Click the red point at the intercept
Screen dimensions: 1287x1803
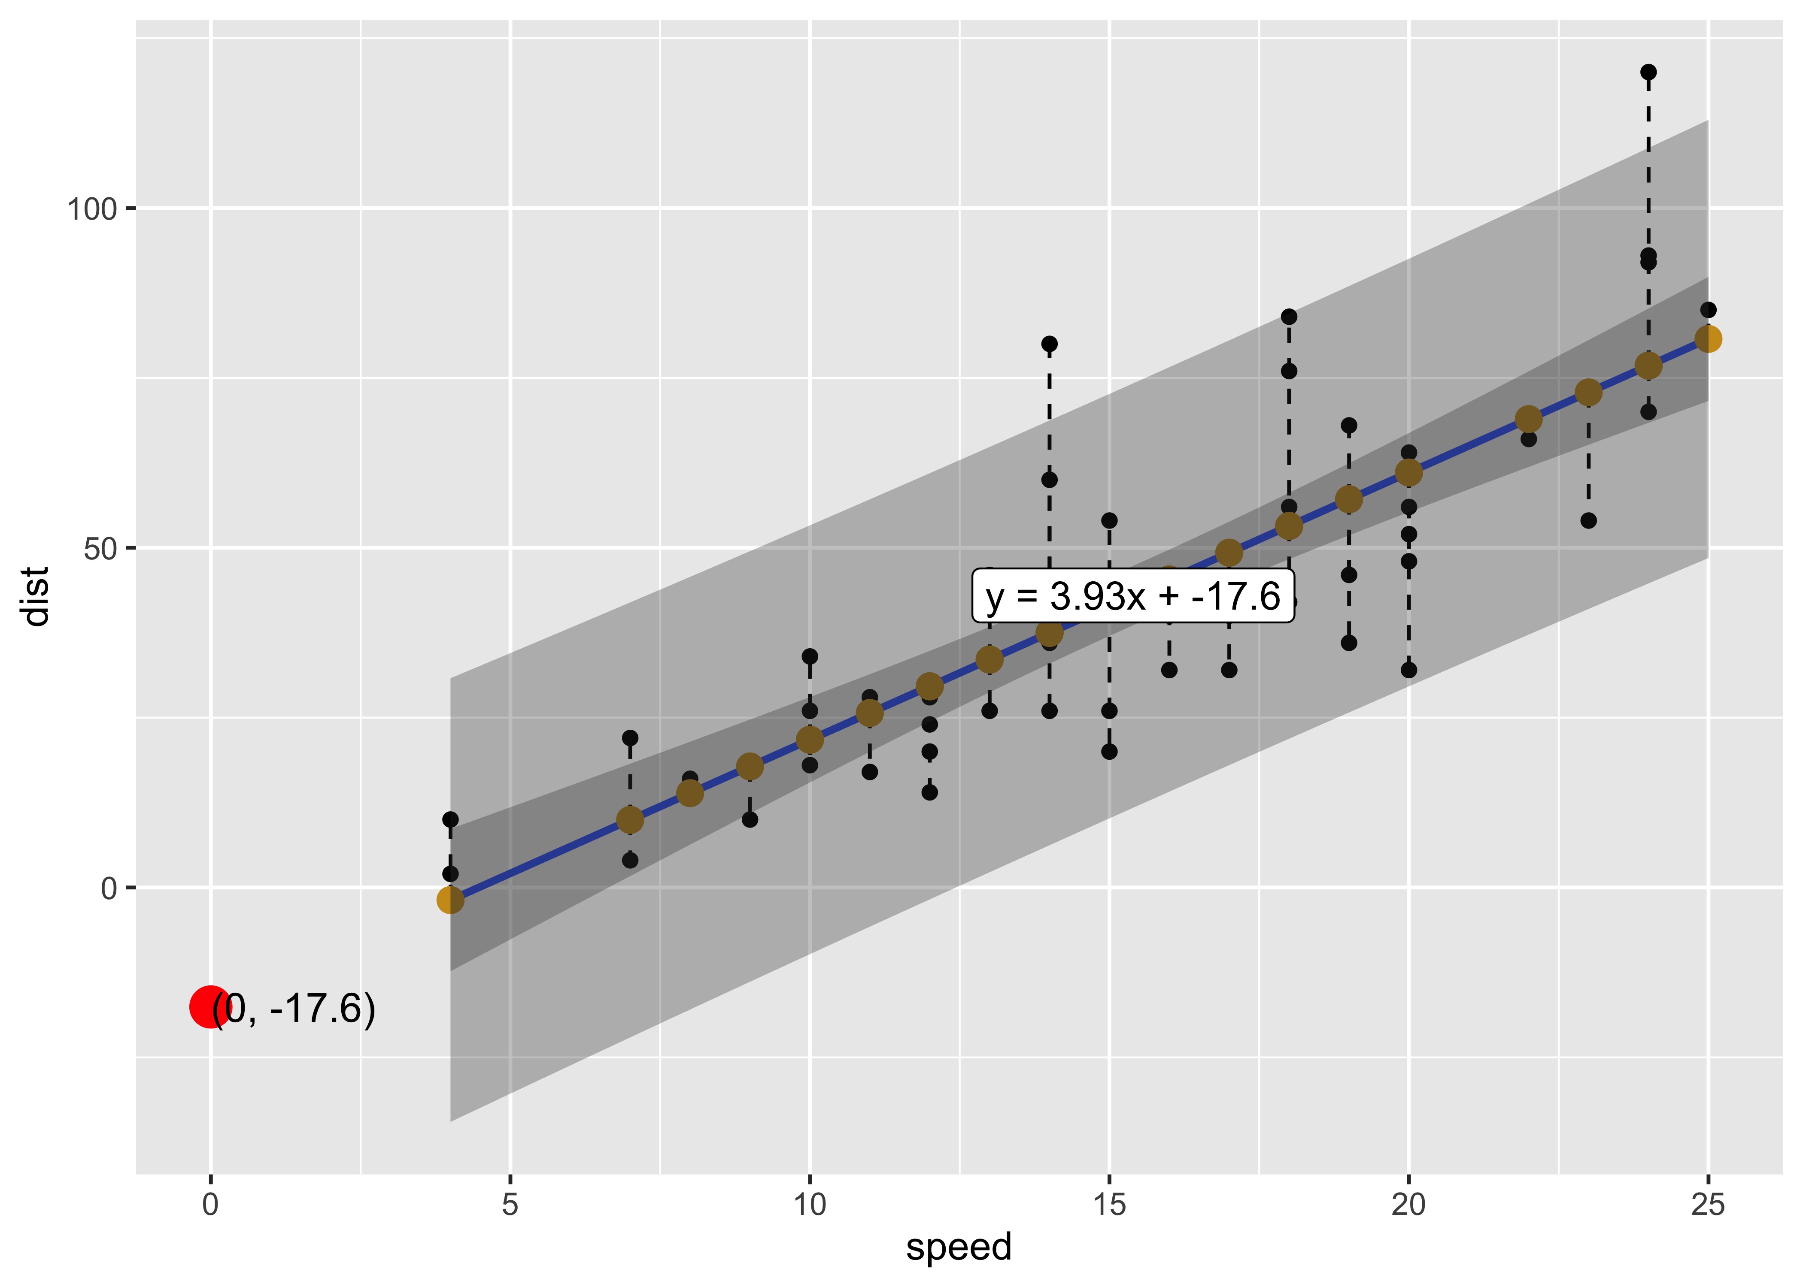tap(210, 1006)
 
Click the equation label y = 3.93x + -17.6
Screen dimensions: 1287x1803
tap(1133, 596)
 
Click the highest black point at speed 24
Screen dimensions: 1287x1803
tap(1648, 72)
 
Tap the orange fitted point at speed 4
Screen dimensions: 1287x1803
tap(450, 900)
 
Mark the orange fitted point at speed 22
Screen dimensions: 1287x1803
tap(1529, 419)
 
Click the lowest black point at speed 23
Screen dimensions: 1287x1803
tap(1588, 521)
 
